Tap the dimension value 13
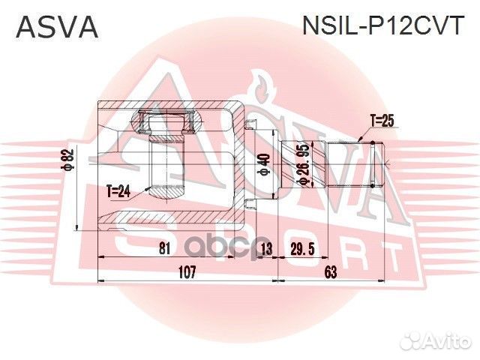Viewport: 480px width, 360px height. pyautogui.click(x=264, y=249)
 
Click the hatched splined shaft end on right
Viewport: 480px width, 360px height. pyautogui.click(x=355, y=165)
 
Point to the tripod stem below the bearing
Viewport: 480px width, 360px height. pyautogui.click(x=167, y=169)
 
